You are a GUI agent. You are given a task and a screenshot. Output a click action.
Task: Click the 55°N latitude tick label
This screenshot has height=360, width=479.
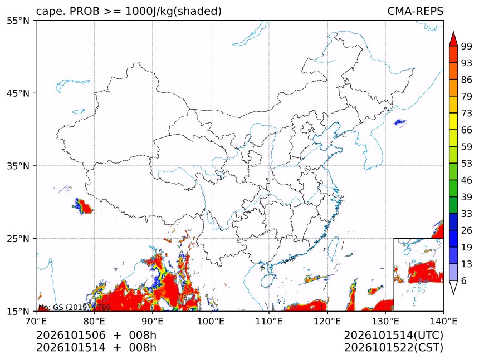[18, 21]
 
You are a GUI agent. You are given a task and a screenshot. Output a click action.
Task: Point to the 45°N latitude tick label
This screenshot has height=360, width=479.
[18, 93]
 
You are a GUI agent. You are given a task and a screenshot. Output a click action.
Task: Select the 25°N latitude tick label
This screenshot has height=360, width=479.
[18, 238]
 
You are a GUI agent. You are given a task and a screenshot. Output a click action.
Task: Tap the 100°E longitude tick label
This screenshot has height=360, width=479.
[211, 321]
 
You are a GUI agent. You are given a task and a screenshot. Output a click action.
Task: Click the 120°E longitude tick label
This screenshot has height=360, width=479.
[327, 321]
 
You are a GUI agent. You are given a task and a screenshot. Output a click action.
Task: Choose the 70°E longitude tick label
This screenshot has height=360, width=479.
[36, 321]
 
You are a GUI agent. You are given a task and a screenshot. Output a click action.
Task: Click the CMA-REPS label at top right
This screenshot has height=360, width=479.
[415, 11]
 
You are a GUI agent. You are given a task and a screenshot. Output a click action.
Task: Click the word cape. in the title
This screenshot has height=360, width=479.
[51, 12]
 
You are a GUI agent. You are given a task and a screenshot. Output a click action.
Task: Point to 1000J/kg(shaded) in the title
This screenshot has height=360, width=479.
[174, 11]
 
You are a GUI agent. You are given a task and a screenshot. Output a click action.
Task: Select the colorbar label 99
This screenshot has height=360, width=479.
[467, 46]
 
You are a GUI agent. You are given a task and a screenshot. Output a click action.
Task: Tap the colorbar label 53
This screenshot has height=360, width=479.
[467, 164]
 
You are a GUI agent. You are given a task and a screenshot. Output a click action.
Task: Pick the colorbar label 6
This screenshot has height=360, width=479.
[464, 280]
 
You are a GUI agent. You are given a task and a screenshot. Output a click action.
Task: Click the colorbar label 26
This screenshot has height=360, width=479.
[467, 230]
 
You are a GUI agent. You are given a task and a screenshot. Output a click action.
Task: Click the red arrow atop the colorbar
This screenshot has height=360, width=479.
[453, 40]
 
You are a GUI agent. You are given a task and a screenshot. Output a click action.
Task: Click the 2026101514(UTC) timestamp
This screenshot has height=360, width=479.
[393, 335]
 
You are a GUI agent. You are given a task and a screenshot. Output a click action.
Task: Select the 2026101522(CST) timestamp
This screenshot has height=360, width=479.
[393, 348]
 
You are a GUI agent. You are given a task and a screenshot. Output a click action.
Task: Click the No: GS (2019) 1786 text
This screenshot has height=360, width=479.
[75, 307]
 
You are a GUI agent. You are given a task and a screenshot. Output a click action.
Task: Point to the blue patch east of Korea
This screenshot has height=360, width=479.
[400, 122]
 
